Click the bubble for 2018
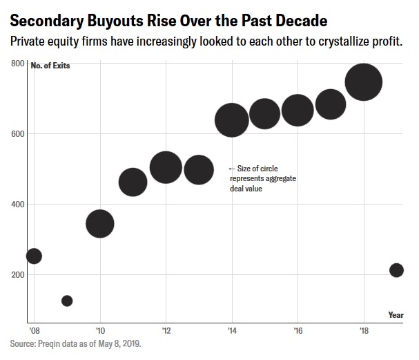click(364, 82)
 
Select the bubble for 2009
click(67, 301)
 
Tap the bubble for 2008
click(34, 256)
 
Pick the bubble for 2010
click(100, 223)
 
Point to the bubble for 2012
click(166, 167)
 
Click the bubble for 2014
click(232, 120)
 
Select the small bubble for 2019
click(396, 270)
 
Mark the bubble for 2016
click(298, 111)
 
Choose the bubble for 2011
click(133, 182)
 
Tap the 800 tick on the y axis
click(18, 64)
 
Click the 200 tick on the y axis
click(18, 275)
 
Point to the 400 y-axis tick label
click(18, 205)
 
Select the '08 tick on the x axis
click(34, 330)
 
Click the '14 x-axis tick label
click(232, 330)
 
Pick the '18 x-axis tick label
click(364, 330)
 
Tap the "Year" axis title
click(396, 315)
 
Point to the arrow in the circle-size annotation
click(231, 169)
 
